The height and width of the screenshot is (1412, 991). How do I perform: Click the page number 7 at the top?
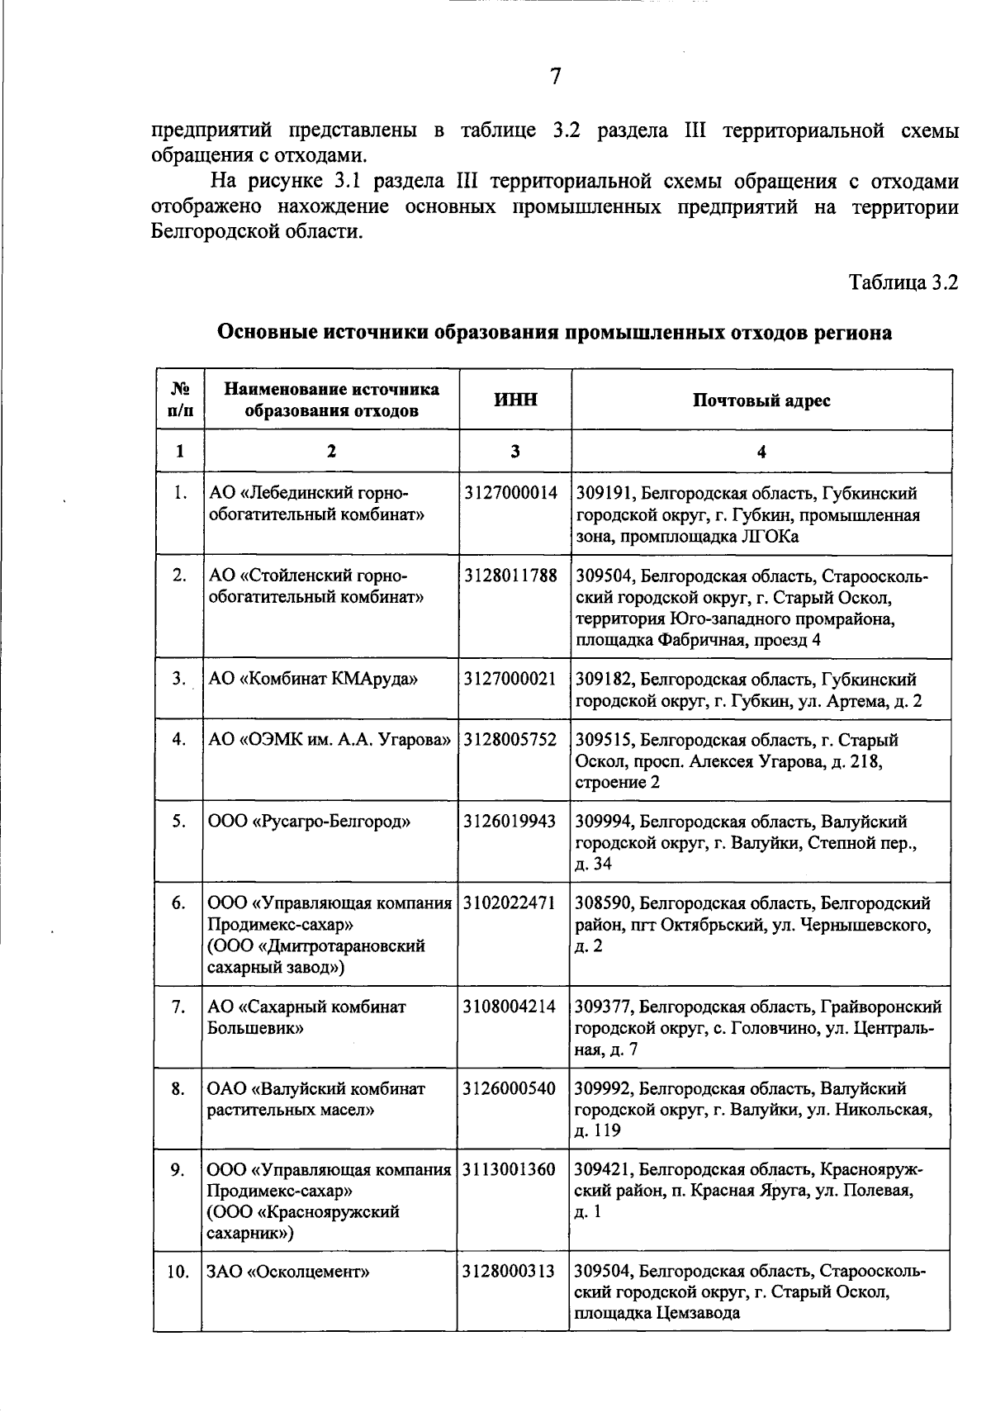[555, 77]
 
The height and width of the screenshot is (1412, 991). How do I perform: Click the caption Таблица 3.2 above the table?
[903, 282]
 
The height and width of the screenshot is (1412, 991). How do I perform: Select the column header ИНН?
[515, 400]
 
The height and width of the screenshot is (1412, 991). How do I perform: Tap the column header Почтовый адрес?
[761, 401]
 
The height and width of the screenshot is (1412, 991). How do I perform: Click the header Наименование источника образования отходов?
[331, 400]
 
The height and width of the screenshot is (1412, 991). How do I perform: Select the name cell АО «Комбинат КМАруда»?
[313, 680]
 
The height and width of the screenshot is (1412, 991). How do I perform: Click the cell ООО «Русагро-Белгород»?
[309, 822]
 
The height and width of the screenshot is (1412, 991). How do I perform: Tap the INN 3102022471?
[510, 903]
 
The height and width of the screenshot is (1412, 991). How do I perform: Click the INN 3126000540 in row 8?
[510, 1088]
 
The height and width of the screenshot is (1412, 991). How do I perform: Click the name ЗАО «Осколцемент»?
[288, 1271]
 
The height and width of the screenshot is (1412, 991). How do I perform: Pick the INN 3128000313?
[510, 1271]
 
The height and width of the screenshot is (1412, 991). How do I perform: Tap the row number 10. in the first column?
[178, 1272]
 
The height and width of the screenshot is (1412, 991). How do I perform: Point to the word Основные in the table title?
[266, 333]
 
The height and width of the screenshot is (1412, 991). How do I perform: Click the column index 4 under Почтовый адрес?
[761, 452]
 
